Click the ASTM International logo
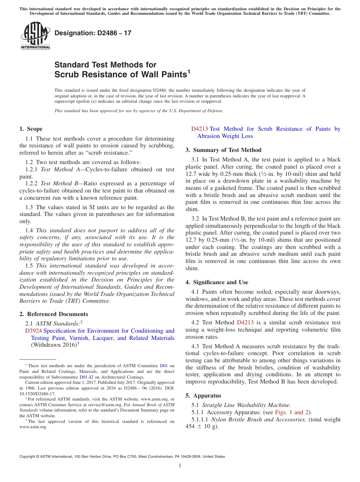pos(35,36)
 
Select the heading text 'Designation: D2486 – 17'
pos(93,33)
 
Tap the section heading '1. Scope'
pos(31,129)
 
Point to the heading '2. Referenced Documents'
pos(53,314)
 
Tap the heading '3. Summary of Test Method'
pos(223,150)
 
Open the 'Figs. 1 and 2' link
pos(294,412)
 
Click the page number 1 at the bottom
pos(180,465)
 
